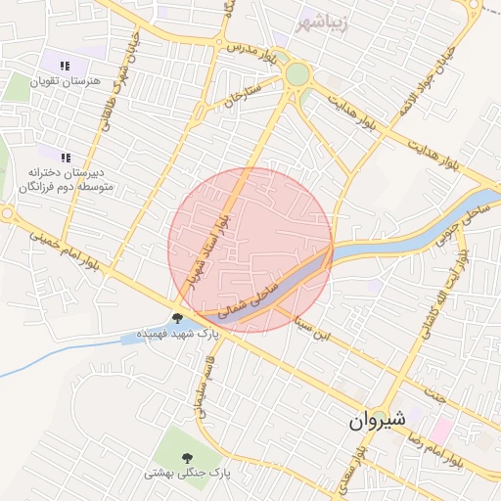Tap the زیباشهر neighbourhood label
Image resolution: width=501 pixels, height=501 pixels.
(x=326, y=18)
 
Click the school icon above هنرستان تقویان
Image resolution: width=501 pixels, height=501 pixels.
(x=65, y=67)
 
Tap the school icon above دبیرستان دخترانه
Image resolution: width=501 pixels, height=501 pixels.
(x=66, y=157)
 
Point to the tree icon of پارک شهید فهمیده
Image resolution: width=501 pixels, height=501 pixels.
(x=177, y=318)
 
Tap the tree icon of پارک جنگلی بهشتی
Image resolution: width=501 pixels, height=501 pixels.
(x=186, y=457)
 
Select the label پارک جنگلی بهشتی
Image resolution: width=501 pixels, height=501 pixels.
(x=186, y=473)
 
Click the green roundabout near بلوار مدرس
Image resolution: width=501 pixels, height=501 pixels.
(x=296, y=73)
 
